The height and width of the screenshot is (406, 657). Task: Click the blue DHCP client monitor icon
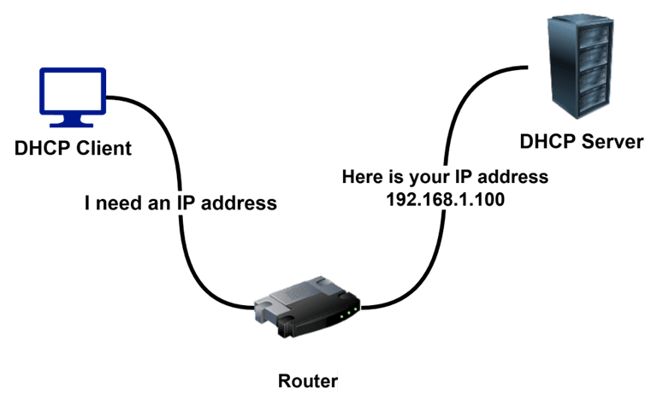click(x=73, y=99)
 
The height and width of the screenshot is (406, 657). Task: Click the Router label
click(x=308, y=381)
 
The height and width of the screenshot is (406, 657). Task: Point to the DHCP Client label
click(x=73, y=148)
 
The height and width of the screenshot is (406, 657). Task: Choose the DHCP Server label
click(x=582, y=141)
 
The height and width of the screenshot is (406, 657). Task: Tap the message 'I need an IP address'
click(x=181, y=203)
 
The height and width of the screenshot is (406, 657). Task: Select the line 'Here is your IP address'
click(x=444, y=178)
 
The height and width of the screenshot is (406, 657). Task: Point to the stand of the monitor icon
click(x=73, y=126)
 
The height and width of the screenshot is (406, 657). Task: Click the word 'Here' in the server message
click(x=362, y=178)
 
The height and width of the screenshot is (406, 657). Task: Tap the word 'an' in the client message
click(x=160, y=203)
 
